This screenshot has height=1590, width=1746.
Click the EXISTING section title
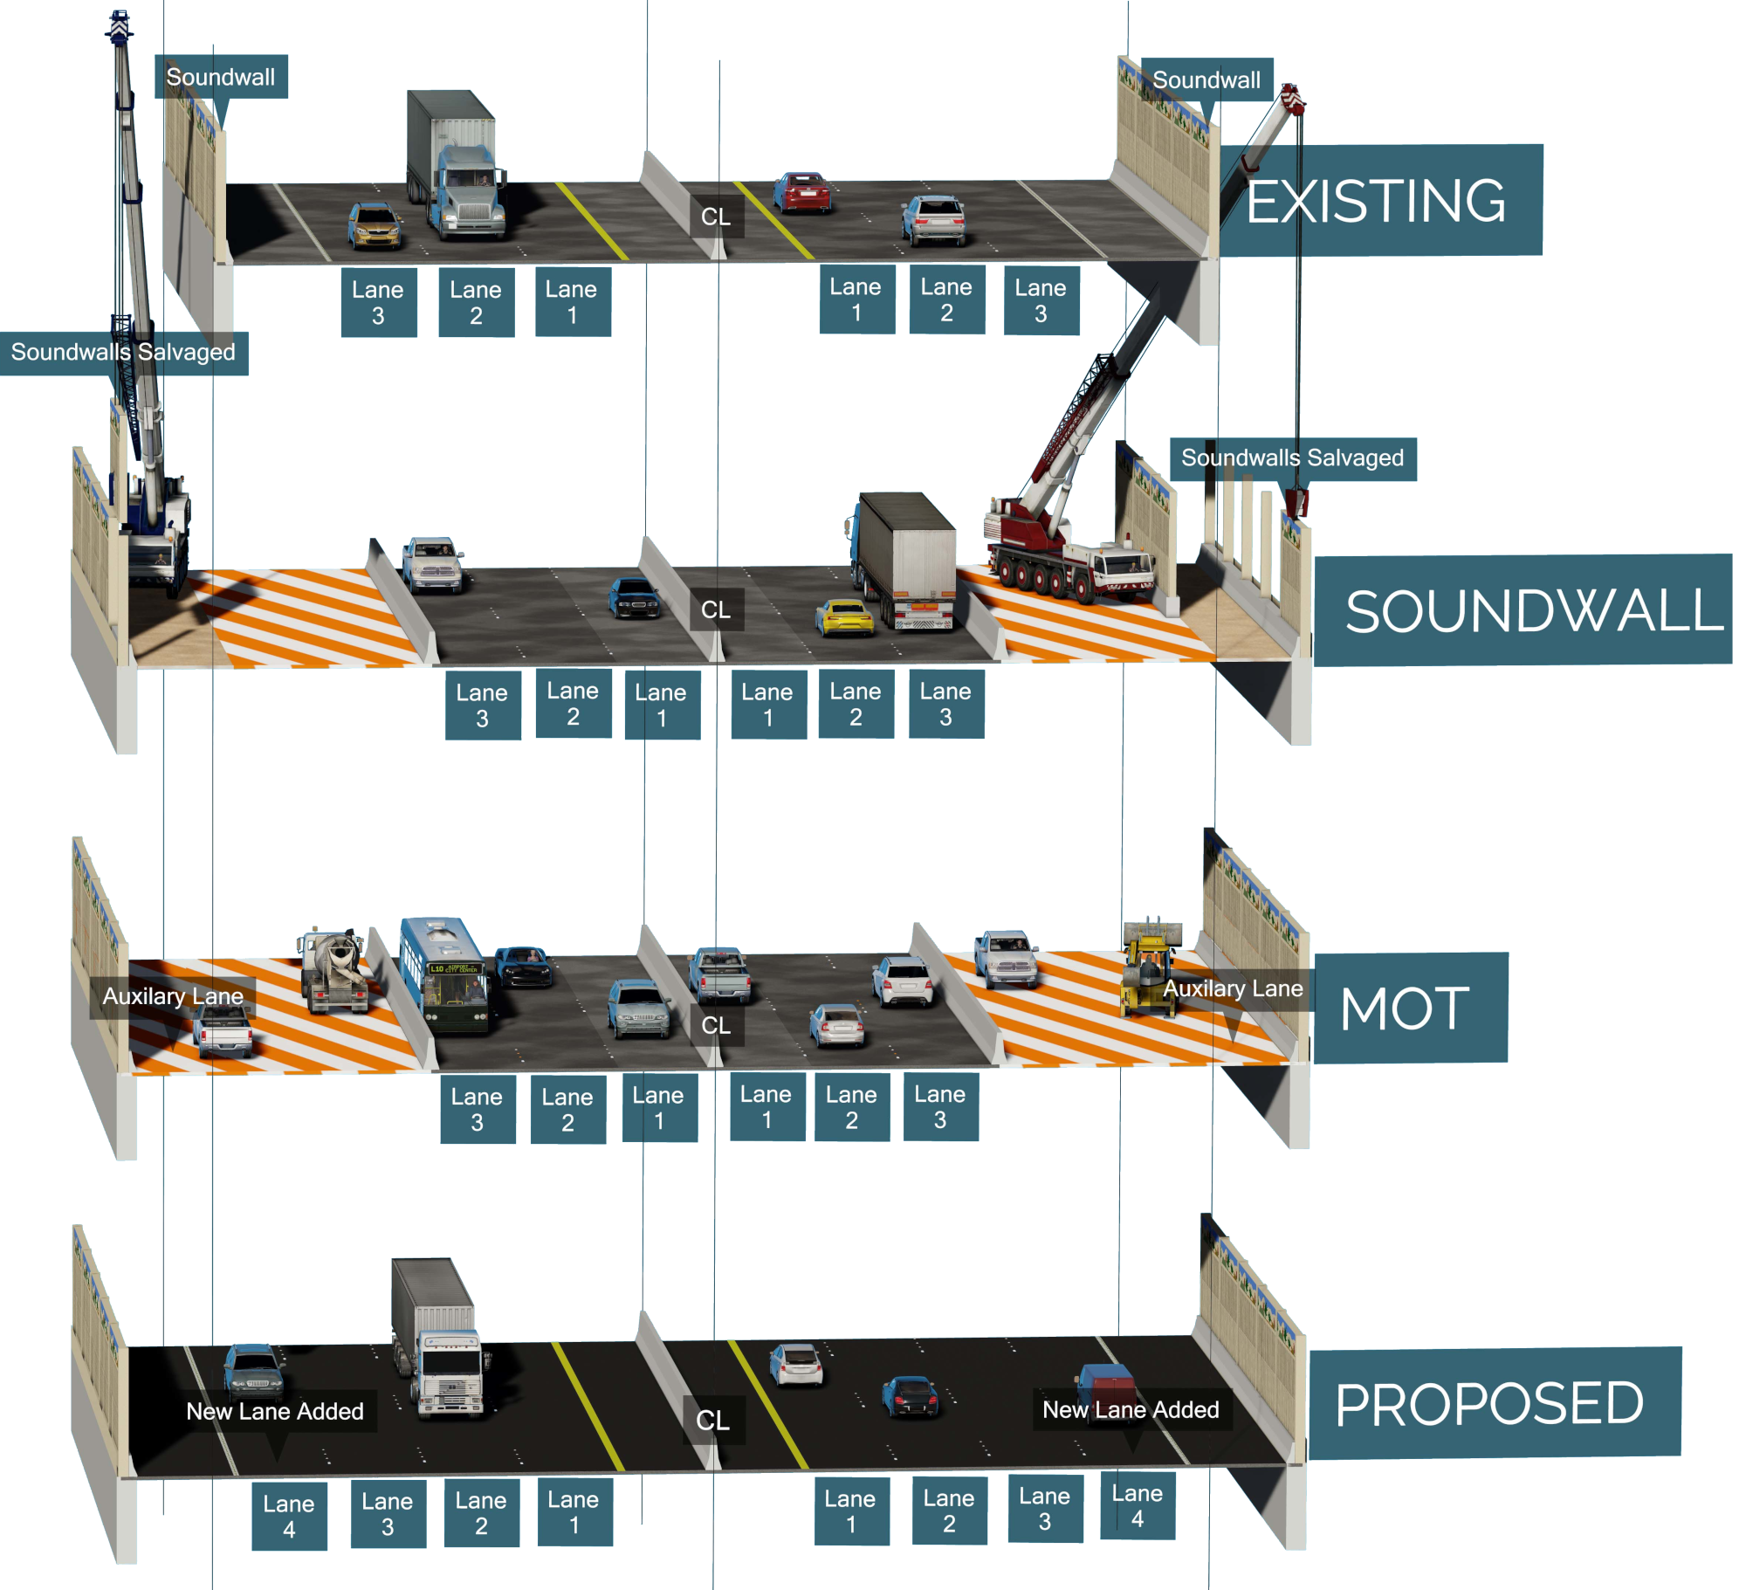(x=1379, y=201)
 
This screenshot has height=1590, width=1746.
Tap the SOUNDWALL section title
(x=1523, y=610)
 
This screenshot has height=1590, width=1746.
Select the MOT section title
(x=1407, y=1008)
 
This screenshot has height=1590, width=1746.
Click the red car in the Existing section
(x=802, y=192)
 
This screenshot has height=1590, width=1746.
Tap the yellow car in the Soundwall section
(x=844, y=617)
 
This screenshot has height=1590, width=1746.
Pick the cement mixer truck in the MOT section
(x=334, y=970)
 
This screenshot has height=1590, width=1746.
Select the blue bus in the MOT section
(x=444, y=974)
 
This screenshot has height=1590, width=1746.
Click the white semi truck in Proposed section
(x=438, y=1340)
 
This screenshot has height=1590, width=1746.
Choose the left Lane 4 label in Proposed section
(x=289, y=1516)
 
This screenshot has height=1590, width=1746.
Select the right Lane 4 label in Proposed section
(x=1137, y=1505)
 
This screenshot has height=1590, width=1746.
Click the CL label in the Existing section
(x=716, y=217)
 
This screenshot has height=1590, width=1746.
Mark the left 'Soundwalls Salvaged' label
(x=123, y=353)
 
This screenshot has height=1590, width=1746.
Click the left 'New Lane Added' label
(x=275, y=1411)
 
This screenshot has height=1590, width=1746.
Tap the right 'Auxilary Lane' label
(x=1233, y=988)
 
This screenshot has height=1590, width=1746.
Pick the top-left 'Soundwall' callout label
(x=221, y=77)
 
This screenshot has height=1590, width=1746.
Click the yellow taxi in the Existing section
(x=375, y=226)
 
